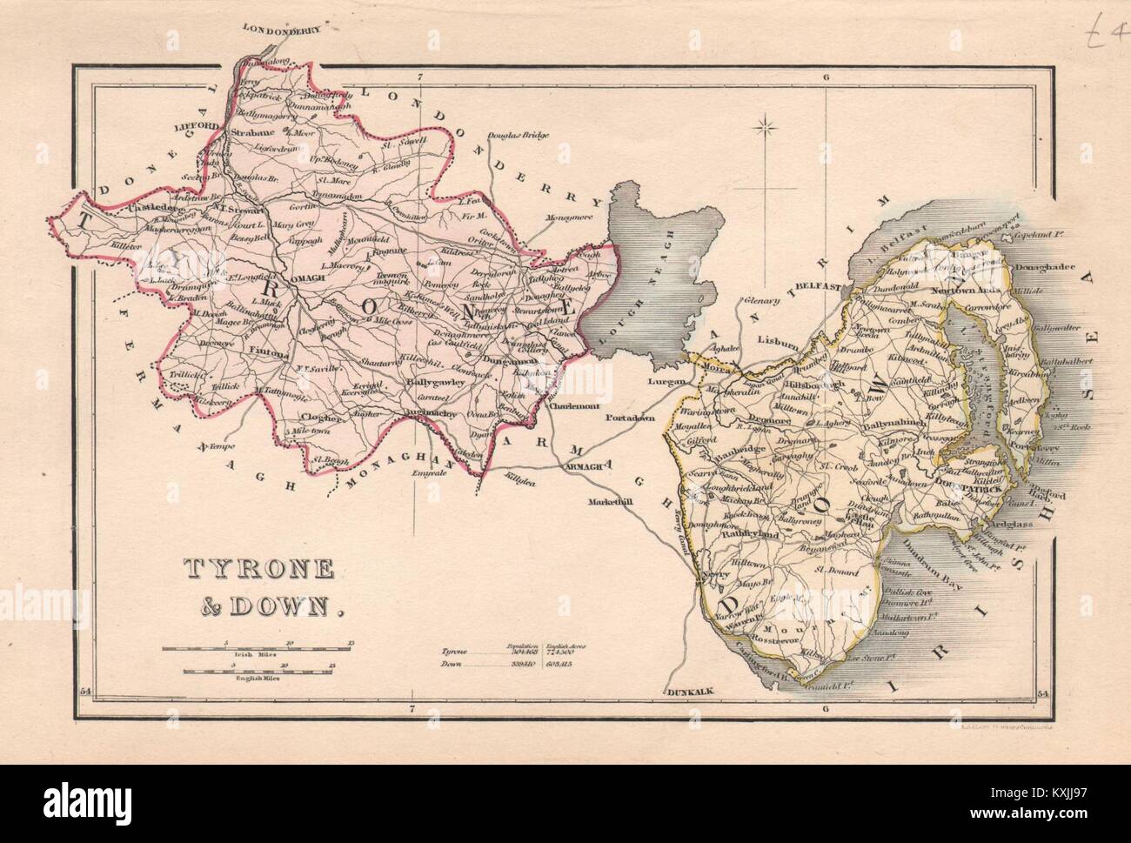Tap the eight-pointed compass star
(767, 130)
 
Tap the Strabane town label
(253, 133)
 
